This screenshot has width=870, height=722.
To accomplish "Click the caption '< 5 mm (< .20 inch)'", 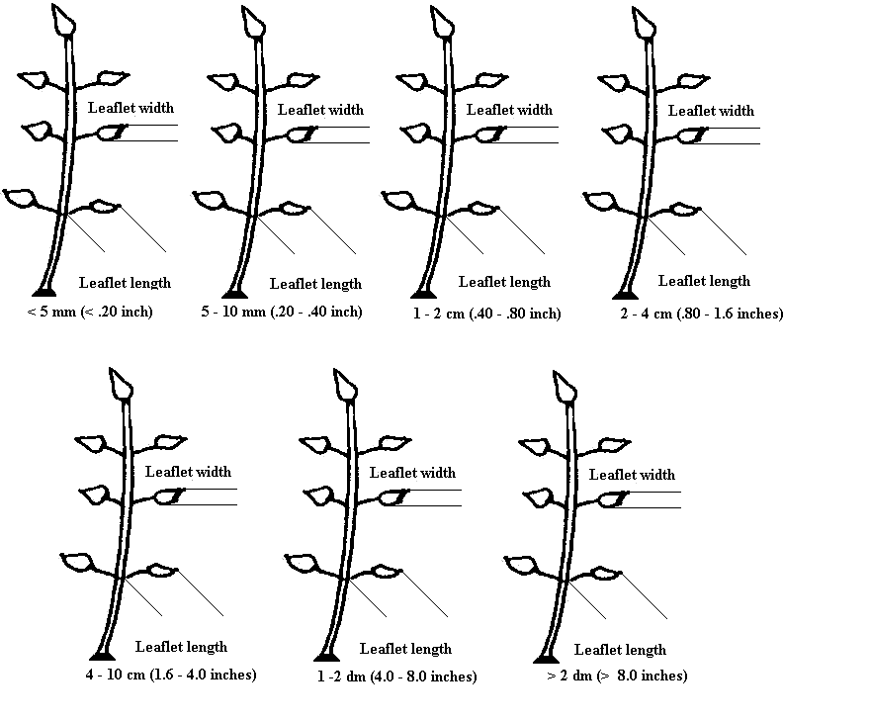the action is pyautogui.click(x=90, y=312).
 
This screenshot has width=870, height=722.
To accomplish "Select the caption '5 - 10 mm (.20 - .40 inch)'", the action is pyautogui.click(x=282, y=312).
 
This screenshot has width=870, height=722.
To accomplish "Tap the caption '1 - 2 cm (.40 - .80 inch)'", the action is pyautogui.click(x=486, y=315).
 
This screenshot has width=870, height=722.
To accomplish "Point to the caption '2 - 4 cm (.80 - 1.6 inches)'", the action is pyautogui.click(x=702, y=315).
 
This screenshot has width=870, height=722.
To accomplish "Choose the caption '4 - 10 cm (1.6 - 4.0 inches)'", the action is pyautogui.click(x=171, y=675).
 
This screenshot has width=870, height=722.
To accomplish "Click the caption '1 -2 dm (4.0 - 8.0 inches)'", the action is pyautogui.click(x=396, y=677).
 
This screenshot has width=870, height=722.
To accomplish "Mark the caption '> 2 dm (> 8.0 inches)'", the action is pyautogui.click(x=617, y=676).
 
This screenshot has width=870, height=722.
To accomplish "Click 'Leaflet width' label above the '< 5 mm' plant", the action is pyautogui.click(x=130, y=108).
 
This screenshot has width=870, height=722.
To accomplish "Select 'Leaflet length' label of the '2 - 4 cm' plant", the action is pyautogui.click(x=704, y=281).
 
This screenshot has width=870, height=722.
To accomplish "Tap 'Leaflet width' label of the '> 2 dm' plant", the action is pyautogui.click(x=632, y=475).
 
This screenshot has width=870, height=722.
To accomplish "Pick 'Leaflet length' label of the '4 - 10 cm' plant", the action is pyautogui.click(x=181, y=647).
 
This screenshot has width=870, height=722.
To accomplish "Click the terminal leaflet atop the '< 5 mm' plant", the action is pyautogui.click(x=62, y=20).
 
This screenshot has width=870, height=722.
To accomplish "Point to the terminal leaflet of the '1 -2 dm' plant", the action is pyautogui.click(x=345, y=384).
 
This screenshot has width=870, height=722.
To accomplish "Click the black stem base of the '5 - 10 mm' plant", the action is pyautogui.click(x=234, y=293).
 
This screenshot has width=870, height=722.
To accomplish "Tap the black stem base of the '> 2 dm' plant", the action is pyautogui.click(x=546, y=658).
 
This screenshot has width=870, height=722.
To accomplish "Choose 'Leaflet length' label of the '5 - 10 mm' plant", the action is pyautogui.click(x=315, y=284).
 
